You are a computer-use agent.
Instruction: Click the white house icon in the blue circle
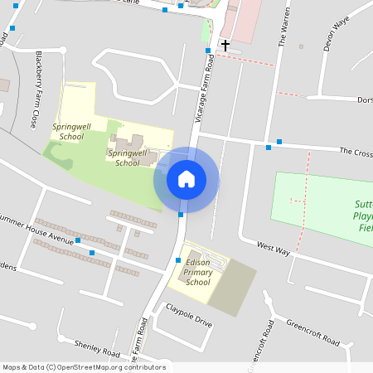click(186, 179)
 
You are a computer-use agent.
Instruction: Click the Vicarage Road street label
click(200, 95)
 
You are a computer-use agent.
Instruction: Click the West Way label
click(273, 246)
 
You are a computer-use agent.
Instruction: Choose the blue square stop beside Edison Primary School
click(177, 261)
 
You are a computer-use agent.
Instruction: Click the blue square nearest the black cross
click(208, 51)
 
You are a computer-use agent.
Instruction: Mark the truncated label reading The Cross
click(356, 152)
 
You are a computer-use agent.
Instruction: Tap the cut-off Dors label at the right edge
click(364, 100)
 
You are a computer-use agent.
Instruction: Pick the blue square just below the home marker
click(181, 215)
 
